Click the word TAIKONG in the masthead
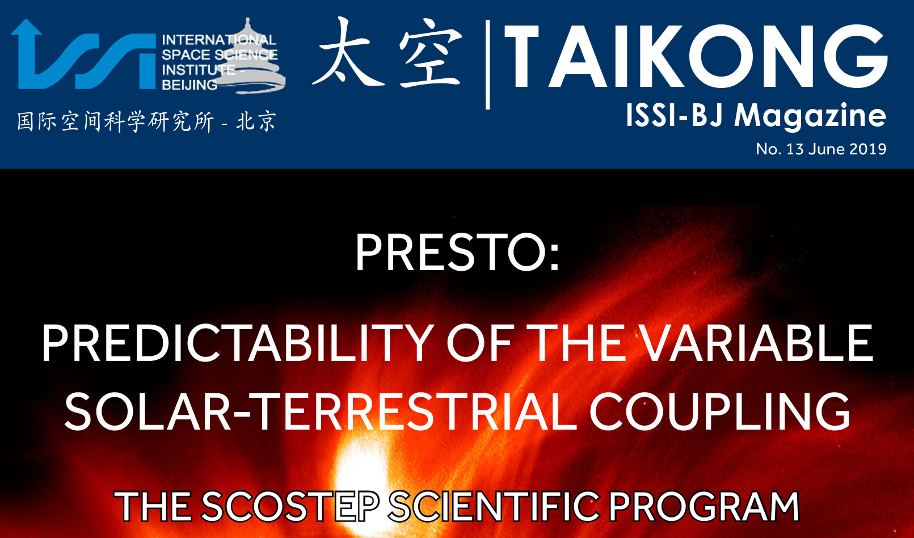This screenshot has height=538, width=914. tap(696, 56)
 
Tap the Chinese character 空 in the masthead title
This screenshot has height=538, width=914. tap(431, 53)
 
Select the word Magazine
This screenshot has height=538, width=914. tap(810, 117)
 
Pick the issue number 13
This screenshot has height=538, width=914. tap(795, 149)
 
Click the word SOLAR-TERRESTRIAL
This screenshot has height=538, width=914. tap(321, 411)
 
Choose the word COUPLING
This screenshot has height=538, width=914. tap(720, 411)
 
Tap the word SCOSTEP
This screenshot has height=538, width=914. tap(290, 507)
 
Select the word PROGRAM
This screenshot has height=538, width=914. tap(704, 507)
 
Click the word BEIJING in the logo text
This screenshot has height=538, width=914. tap(189, 85)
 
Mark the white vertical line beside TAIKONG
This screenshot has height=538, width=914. tap(487, 65)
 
